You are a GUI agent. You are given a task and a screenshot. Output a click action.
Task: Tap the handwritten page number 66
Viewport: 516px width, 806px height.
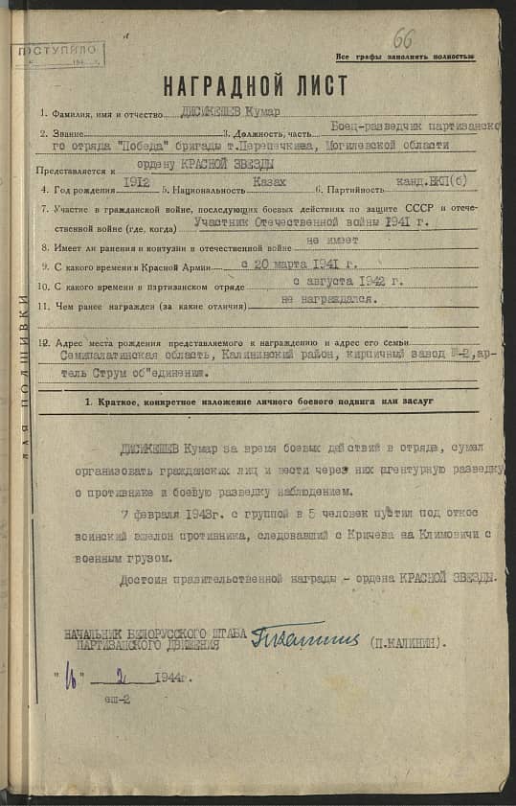pos(403,39)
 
